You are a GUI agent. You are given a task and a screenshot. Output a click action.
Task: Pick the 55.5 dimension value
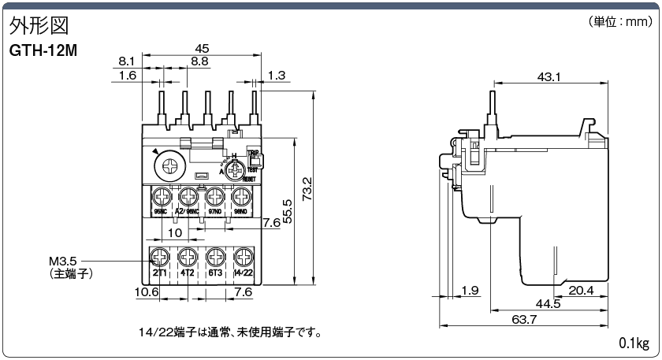click(287, 211)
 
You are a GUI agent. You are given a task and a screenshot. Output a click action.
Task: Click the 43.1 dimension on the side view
click(549, 76)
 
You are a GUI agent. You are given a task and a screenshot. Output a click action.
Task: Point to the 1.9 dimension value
click(470, 291)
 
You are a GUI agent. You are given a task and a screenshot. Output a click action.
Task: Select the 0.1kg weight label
click(634, 343)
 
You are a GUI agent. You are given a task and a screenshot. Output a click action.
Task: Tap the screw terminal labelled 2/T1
click(160, 257)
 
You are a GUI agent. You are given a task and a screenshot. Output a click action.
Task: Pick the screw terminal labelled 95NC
click(162, 196)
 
